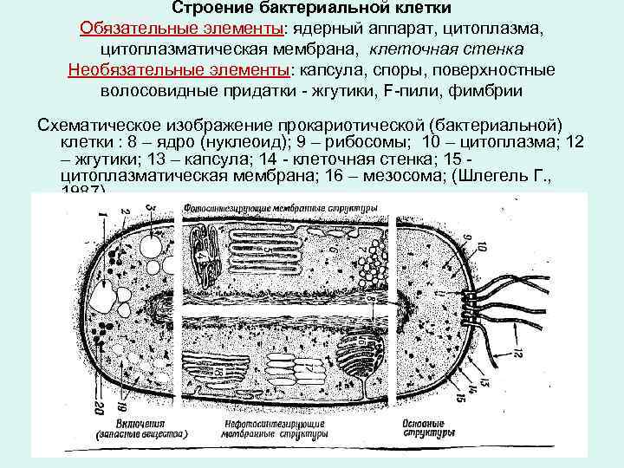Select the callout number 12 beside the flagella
click(517, 352)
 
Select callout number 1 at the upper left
click(101, 214)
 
